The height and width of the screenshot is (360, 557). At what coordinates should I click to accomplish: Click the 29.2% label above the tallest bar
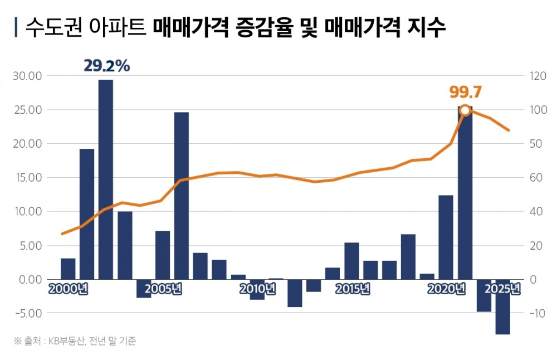(x=106, y=66)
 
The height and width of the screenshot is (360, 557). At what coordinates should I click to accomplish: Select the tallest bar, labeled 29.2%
(x=106, y=178)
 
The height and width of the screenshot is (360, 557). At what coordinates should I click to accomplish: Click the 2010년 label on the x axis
(x=257, y=289)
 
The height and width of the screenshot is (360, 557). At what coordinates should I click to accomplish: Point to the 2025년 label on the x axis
(x=503, y=289)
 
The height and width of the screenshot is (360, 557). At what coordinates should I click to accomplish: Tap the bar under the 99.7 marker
(x=465, y=195)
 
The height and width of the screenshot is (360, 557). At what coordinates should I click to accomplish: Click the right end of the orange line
(x=509, y=130)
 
